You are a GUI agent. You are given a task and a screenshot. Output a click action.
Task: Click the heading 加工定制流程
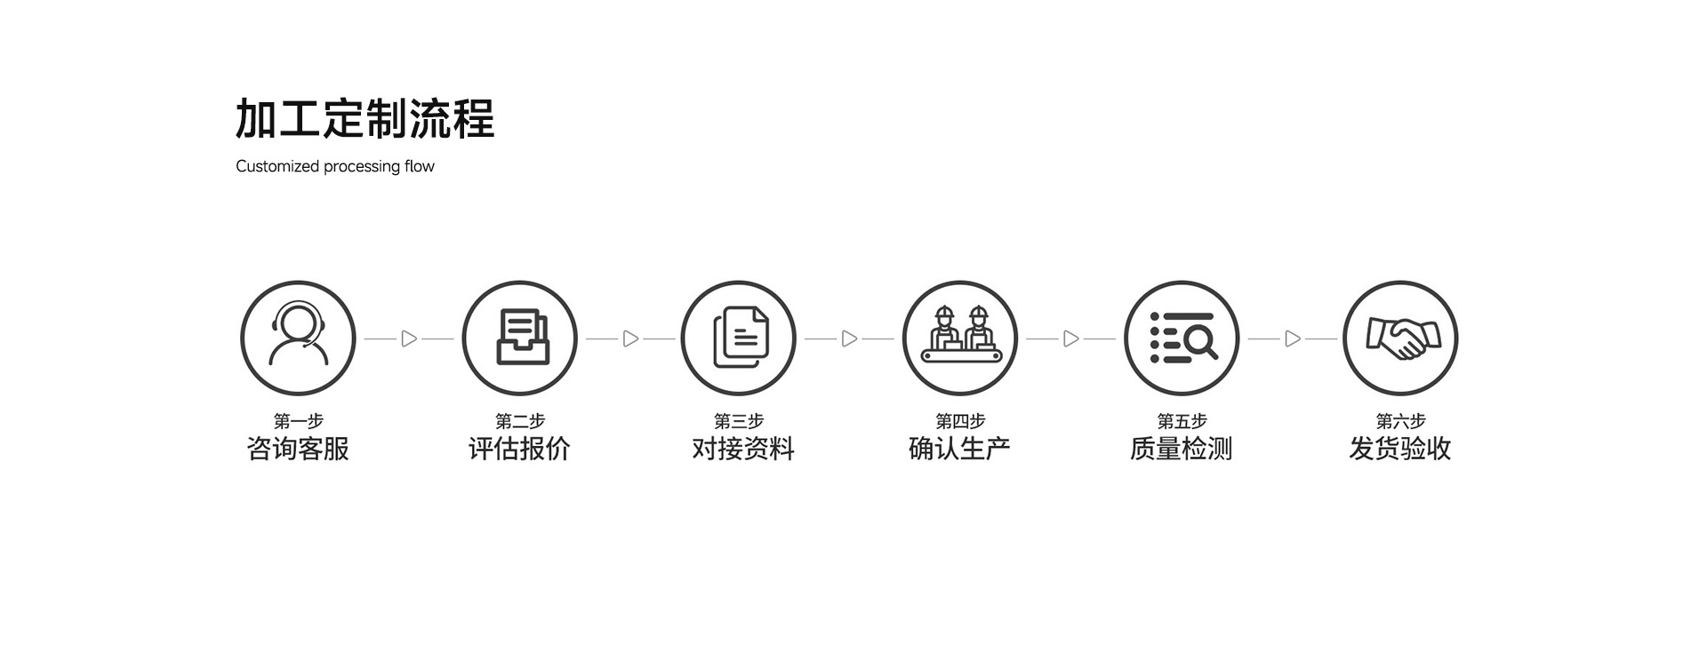click(365, 119)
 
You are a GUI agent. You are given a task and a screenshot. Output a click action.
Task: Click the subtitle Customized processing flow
click(335, 166)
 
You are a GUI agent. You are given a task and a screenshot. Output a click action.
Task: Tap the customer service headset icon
click(298, 338)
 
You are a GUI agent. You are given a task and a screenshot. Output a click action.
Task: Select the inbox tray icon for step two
click(520, 338)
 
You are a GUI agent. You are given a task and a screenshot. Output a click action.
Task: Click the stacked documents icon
click(739, 338)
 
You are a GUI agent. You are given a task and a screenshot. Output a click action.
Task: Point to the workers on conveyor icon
click(960, 338)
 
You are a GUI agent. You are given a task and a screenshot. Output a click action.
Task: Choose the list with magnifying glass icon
click(1182, 338)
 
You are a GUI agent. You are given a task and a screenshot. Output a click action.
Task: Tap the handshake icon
click(1400, 338)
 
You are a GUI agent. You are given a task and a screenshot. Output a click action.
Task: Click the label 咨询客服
click(298, 449)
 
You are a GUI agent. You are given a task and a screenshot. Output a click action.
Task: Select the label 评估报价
click(520, 449)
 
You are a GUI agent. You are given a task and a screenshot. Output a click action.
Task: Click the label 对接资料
click(743, 449)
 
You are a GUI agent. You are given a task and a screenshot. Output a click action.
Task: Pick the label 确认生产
click(960, 449)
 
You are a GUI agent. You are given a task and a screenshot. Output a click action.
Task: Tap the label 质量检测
click(1182, 449)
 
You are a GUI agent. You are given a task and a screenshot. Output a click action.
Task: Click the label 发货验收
click(1400, 449)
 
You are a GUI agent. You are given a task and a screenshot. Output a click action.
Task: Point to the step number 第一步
click(298, 420)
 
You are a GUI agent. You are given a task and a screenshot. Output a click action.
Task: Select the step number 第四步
click(960, 420)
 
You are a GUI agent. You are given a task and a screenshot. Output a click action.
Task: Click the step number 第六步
click(1400, 420)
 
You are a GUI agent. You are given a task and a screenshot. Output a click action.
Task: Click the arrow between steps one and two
click(409, 338)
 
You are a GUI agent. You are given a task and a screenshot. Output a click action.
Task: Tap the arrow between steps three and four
click(849, 338)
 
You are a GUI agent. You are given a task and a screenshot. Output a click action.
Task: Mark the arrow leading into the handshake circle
click(1293, 338)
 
